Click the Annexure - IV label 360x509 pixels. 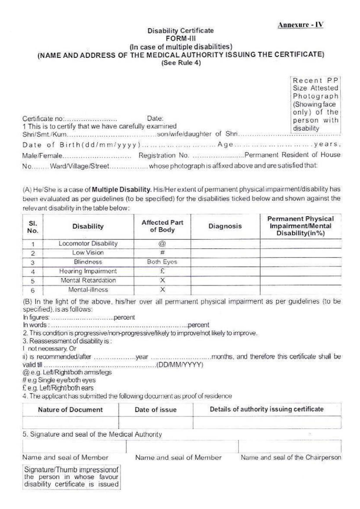coord(300,25)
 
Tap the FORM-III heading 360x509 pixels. coord(180,39)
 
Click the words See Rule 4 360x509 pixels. coord(181,63)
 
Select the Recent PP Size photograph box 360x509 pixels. coord(315,104)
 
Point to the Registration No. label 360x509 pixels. coord(164,155)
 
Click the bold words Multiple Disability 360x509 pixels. coord(122,190)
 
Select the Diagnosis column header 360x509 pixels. coord(225,226)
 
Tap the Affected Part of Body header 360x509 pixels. coord(162,226)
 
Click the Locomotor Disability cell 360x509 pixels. coord(88,243)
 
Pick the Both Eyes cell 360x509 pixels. coord(162,262)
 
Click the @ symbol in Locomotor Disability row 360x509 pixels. coord(162,244)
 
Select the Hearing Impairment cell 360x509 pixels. coord(88,271)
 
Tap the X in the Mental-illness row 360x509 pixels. coord(162,289)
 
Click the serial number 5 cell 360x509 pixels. coord(33,281)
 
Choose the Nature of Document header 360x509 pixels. coord(70,410)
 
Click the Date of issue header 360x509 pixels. coord(155,410)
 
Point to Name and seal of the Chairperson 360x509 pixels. coord(291,457)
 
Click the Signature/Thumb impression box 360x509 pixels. coord(71,477)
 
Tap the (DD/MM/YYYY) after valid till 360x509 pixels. coord(180,365)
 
